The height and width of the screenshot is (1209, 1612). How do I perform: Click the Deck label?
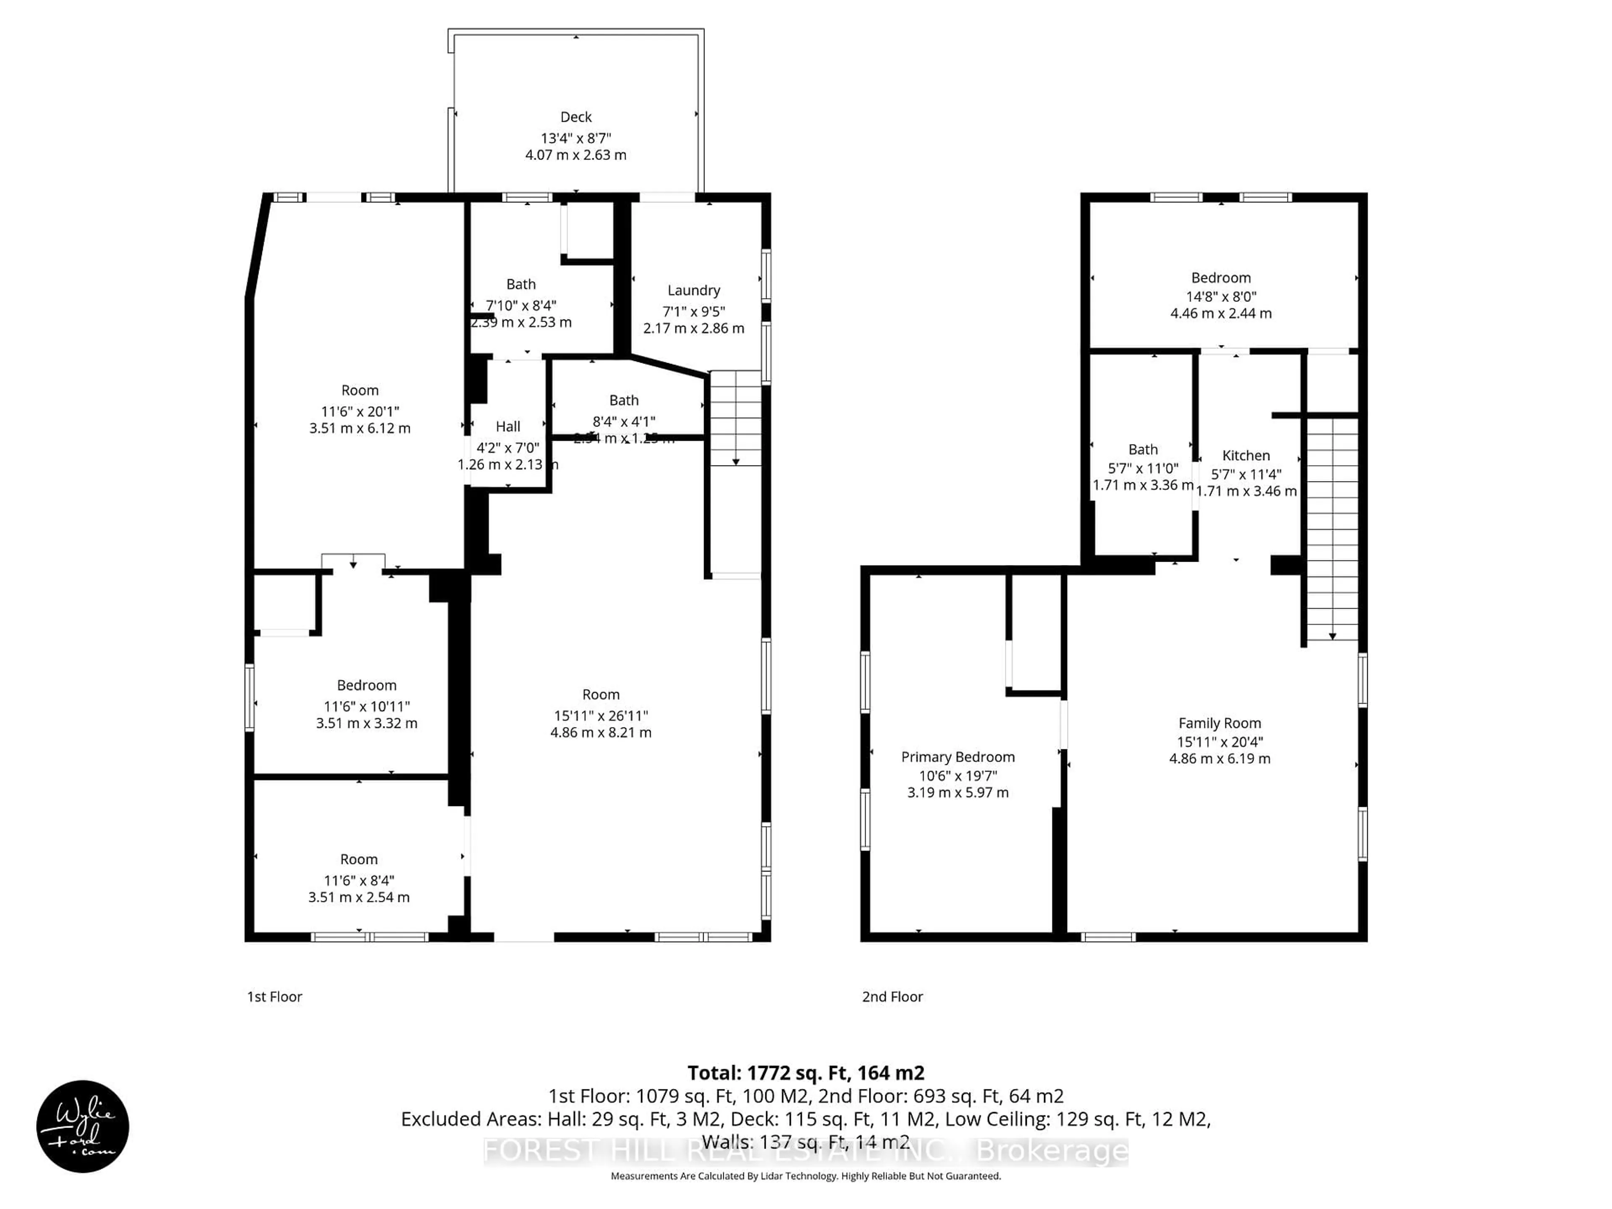point(575,117)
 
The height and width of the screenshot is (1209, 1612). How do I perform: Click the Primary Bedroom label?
point(958,756)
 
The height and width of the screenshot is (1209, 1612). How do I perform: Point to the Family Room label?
point(1219,723)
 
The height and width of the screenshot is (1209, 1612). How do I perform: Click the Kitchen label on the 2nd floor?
point(1246,455)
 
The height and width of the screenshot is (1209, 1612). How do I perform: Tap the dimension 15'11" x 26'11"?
point(600,716)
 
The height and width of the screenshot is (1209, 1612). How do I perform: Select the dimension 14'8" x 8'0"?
point(1221,297)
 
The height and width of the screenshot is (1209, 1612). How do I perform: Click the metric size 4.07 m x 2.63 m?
point(575,154)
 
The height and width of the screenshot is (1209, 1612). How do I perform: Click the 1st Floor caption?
point(274,996)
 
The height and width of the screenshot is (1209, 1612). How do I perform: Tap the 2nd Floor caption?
point(892,996)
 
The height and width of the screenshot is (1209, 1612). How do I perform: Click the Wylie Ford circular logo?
point(82,1126)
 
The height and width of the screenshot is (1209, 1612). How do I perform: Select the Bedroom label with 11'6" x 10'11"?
point(366,685)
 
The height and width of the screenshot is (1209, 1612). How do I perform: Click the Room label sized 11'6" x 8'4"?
point(359,859)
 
